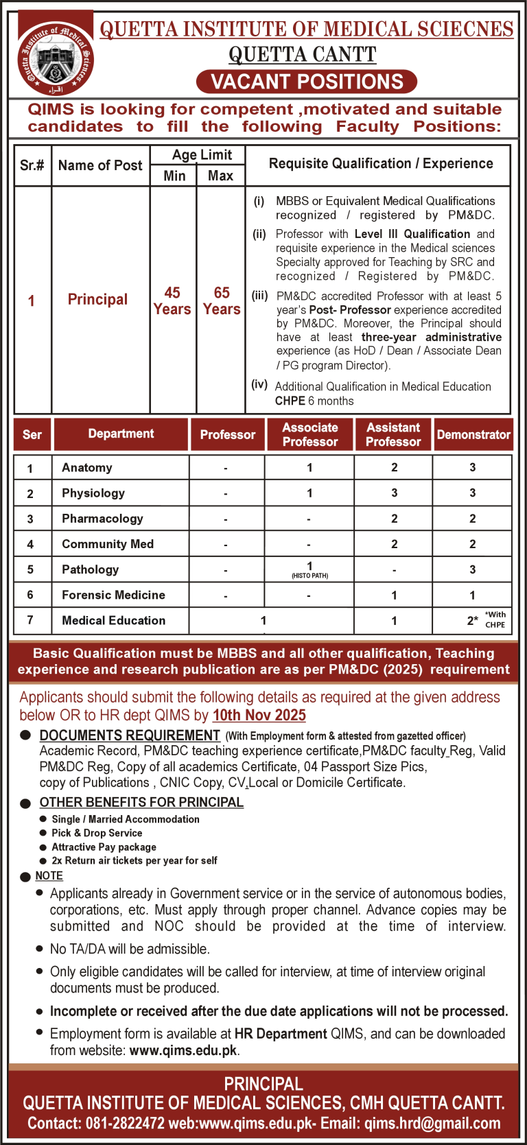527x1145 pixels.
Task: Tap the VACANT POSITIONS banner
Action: tap(307, 82)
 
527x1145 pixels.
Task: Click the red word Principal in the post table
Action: tap(97, 300)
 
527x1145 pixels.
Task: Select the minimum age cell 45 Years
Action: tap(172, 301)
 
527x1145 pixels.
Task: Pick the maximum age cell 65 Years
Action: tap(222, 301)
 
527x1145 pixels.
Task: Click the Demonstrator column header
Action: tap(473, 435)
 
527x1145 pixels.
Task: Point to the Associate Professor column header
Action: tap(309, 435)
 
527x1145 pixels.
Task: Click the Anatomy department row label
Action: tap(87, 468)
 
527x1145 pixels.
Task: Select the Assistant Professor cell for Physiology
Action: tap(394, 493)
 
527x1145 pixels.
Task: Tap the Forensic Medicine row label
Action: tap(113, 595)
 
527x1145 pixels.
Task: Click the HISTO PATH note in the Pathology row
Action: tap(309, 576)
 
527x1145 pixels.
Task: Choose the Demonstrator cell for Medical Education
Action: tap(472, 620)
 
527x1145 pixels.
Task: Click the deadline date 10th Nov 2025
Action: tap(259, 716)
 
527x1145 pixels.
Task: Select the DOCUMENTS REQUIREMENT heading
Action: tap(130, 735)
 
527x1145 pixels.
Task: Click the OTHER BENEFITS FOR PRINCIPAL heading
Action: tap(141, 803)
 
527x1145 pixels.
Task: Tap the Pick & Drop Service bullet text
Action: tap(97, 833)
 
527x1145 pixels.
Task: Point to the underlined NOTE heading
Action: tap(49, 876)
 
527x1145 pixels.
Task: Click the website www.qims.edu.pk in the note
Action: tap(183, 1050)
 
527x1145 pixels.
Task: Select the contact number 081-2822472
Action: tap(125, 1124)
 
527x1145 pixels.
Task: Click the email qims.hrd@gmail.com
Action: tap(432, 1124)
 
